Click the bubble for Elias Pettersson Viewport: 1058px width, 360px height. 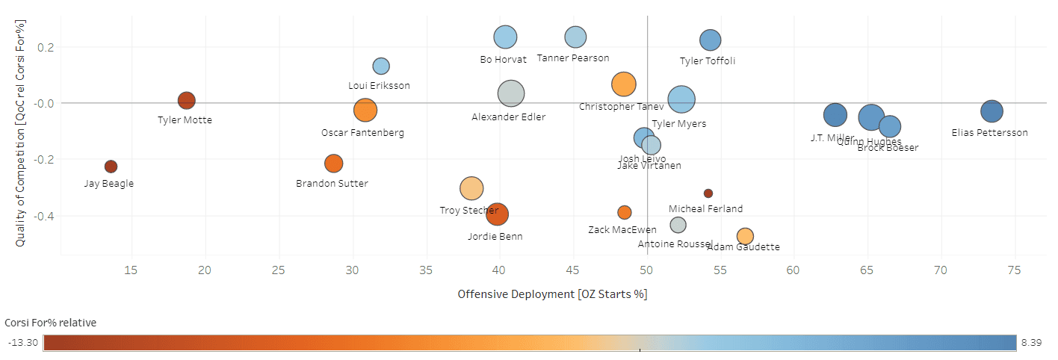point(991,111)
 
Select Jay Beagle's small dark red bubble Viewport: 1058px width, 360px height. point(111,167)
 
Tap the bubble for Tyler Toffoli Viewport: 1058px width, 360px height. point(710,40)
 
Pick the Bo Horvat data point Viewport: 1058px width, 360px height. point(506,37)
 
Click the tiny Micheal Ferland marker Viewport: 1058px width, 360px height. point(708,193)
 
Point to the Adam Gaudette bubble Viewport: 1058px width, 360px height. point(745,236)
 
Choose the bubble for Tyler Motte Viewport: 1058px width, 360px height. point(186,100)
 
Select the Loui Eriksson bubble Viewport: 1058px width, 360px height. point(381,66)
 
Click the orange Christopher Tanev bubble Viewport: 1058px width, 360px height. point(623,84)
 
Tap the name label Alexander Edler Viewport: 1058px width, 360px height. point(508,117)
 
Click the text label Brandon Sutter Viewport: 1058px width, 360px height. point(332,184)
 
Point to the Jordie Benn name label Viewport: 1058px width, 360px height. point(495,237)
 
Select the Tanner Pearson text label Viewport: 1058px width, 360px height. point(573,58)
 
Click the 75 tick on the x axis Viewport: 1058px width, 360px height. point(1014,270)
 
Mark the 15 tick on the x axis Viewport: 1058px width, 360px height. point(131,270)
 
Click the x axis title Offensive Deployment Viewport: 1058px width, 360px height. point(552,294)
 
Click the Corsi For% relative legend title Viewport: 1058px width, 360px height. point(50,323)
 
